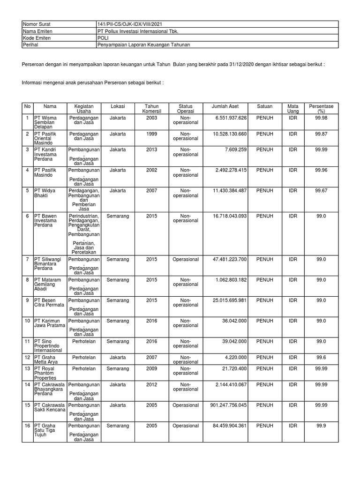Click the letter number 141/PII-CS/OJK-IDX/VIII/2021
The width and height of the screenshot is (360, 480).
[x=130, y=24]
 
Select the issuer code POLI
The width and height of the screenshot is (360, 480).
[x=102, y=38]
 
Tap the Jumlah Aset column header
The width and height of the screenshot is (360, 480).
[x=225, y=106]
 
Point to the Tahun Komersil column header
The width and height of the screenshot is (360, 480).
[x=151, y=109]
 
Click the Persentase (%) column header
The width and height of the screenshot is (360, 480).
[x=321, y=109]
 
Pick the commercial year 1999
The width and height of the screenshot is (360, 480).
[x=151, y=134]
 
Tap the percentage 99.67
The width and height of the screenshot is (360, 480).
[x=321, y=191]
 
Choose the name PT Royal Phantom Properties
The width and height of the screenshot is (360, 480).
[x=45, y=373]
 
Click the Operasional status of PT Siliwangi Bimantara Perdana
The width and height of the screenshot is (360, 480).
[x=185, y=259]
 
